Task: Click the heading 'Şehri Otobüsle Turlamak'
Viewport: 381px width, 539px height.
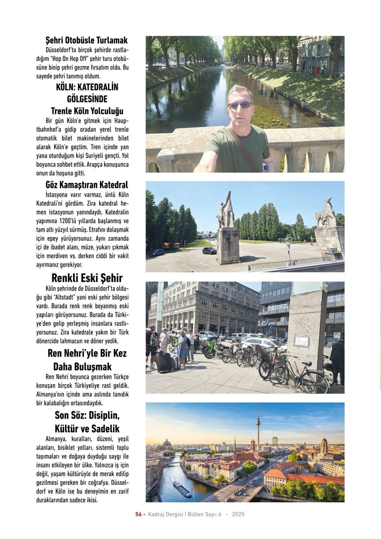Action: [x=86, y=40]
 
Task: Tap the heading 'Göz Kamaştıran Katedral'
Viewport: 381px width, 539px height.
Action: [x=87, y=185]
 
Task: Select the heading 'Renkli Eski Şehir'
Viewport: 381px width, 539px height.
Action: [x=87, y=278]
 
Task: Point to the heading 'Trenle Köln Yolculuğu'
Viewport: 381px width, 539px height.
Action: [x=87, y=111]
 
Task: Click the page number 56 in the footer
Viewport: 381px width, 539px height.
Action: [x=138, y=514]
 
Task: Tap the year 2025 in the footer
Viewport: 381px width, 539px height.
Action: [x=238, y=514]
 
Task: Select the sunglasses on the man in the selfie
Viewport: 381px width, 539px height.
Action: [x=240, y=105]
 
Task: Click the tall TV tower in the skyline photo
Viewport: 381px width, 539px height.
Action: [x=258, y=426]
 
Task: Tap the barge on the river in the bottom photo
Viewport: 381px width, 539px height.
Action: [x=182, y=488]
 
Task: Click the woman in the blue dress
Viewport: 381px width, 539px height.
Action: [x=183, y=348]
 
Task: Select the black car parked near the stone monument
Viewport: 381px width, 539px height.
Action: [x=210, y=251]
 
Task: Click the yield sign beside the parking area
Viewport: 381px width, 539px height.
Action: [x=289, y=247]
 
